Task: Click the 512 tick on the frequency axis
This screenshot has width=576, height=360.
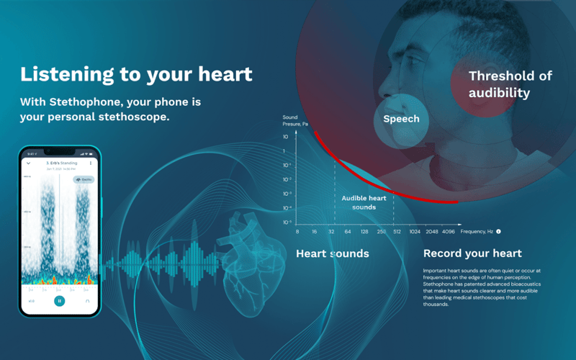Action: point(397,232)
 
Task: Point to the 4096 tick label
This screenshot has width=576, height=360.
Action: point(449,232)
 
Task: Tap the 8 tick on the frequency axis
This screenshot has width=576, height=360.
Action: point(297,232)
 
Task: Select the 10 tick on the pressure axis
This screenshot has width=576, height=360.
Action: point(286,137)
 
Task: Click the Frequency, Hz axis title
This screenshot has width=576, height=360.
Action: point(477,232)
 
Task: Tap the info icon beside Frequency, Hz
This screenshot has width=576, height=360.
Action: point(498,232)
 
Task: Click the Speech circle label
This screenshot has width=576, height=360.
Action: point(401,119)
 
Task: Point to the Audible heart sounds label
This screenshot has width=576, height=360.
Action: point(364,202)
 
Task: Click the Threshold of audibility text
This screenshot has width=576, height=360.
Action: point(510,84)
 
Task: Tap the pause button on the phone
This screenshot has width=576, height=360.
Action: point(60,301)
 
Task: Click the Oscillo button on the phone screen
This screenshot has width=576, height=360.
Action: point(84,179)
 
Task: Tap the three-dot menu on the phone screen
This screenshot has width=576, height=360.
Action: point(91,163)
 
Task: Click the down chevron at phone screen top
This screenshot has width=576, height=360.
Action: point(29,163)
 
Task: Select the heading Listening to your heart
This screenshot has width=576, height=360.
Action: point(136,74)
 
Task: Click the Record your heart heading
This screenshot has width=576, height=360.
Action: point(472,253)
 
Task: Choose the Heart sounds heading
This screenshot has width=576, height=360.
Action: point(333,253)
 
